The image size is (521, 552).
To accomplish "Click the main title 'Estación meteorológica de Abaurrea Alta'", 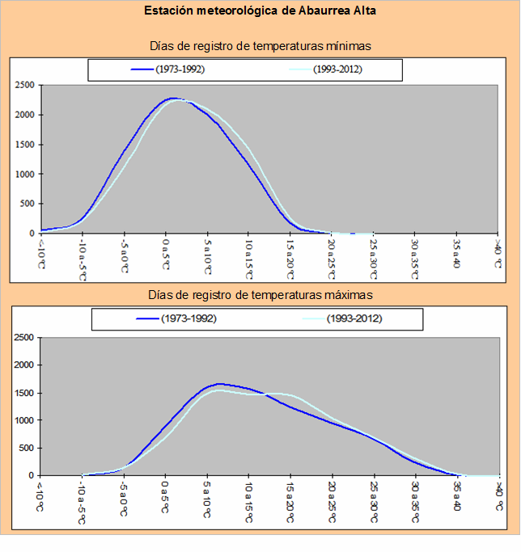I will point(260,12).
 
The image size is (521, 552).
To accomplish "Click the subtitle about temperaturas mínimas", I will point(260,46).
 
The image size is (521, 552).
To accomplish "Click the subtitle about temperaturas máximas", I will point(260,295).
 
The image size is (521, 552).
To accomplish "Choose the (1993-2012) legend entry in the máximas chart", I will point(344,319).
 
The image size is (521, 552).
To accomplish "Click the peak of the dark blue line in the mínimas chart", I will point(173,99).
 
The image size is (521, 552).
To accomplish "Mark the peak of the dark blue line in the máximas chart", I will point(220,384).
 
